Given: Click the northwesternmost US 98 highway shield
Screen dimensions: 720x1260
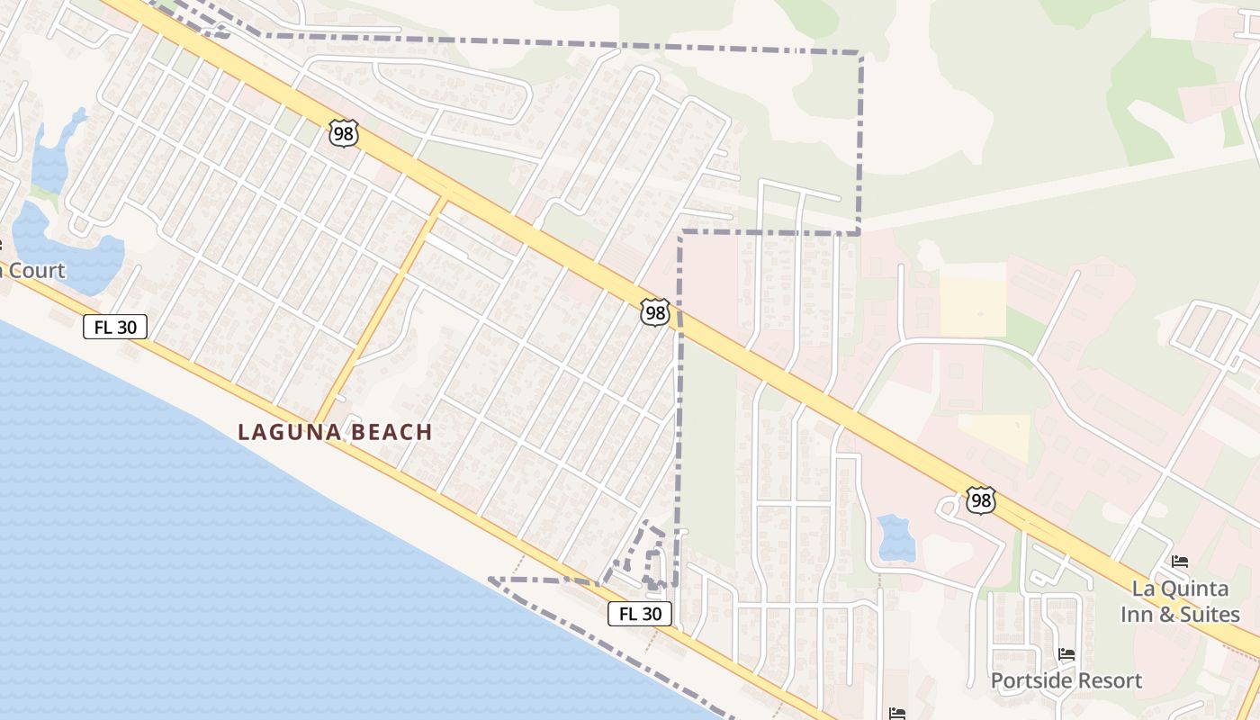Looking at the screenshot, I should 344,133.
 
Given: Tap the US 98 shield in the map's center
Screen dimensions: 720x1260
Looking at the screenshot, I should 655,312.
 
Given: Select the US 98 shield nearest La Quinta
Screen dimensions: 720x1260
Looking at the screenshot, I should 981,500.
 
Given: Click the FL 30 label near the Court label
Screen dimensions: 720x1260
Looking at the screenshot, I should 115,327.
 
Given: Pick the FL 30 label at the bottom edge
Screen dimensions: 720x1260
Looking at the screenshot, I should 640,614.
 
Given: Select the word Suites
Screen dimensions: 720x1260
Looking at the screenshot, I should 1210,616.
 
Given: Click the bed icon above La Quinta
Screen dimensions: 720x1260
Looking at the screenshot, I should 1180,562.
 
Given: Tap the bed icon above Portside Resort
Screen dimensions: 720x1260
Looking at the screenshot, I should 1066,654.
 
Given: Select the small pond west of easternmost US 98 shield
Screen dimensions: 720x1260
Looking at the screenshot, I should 895,537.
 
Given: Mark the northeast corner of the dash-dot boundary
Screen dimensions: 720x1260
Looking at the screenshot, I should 861,54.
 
